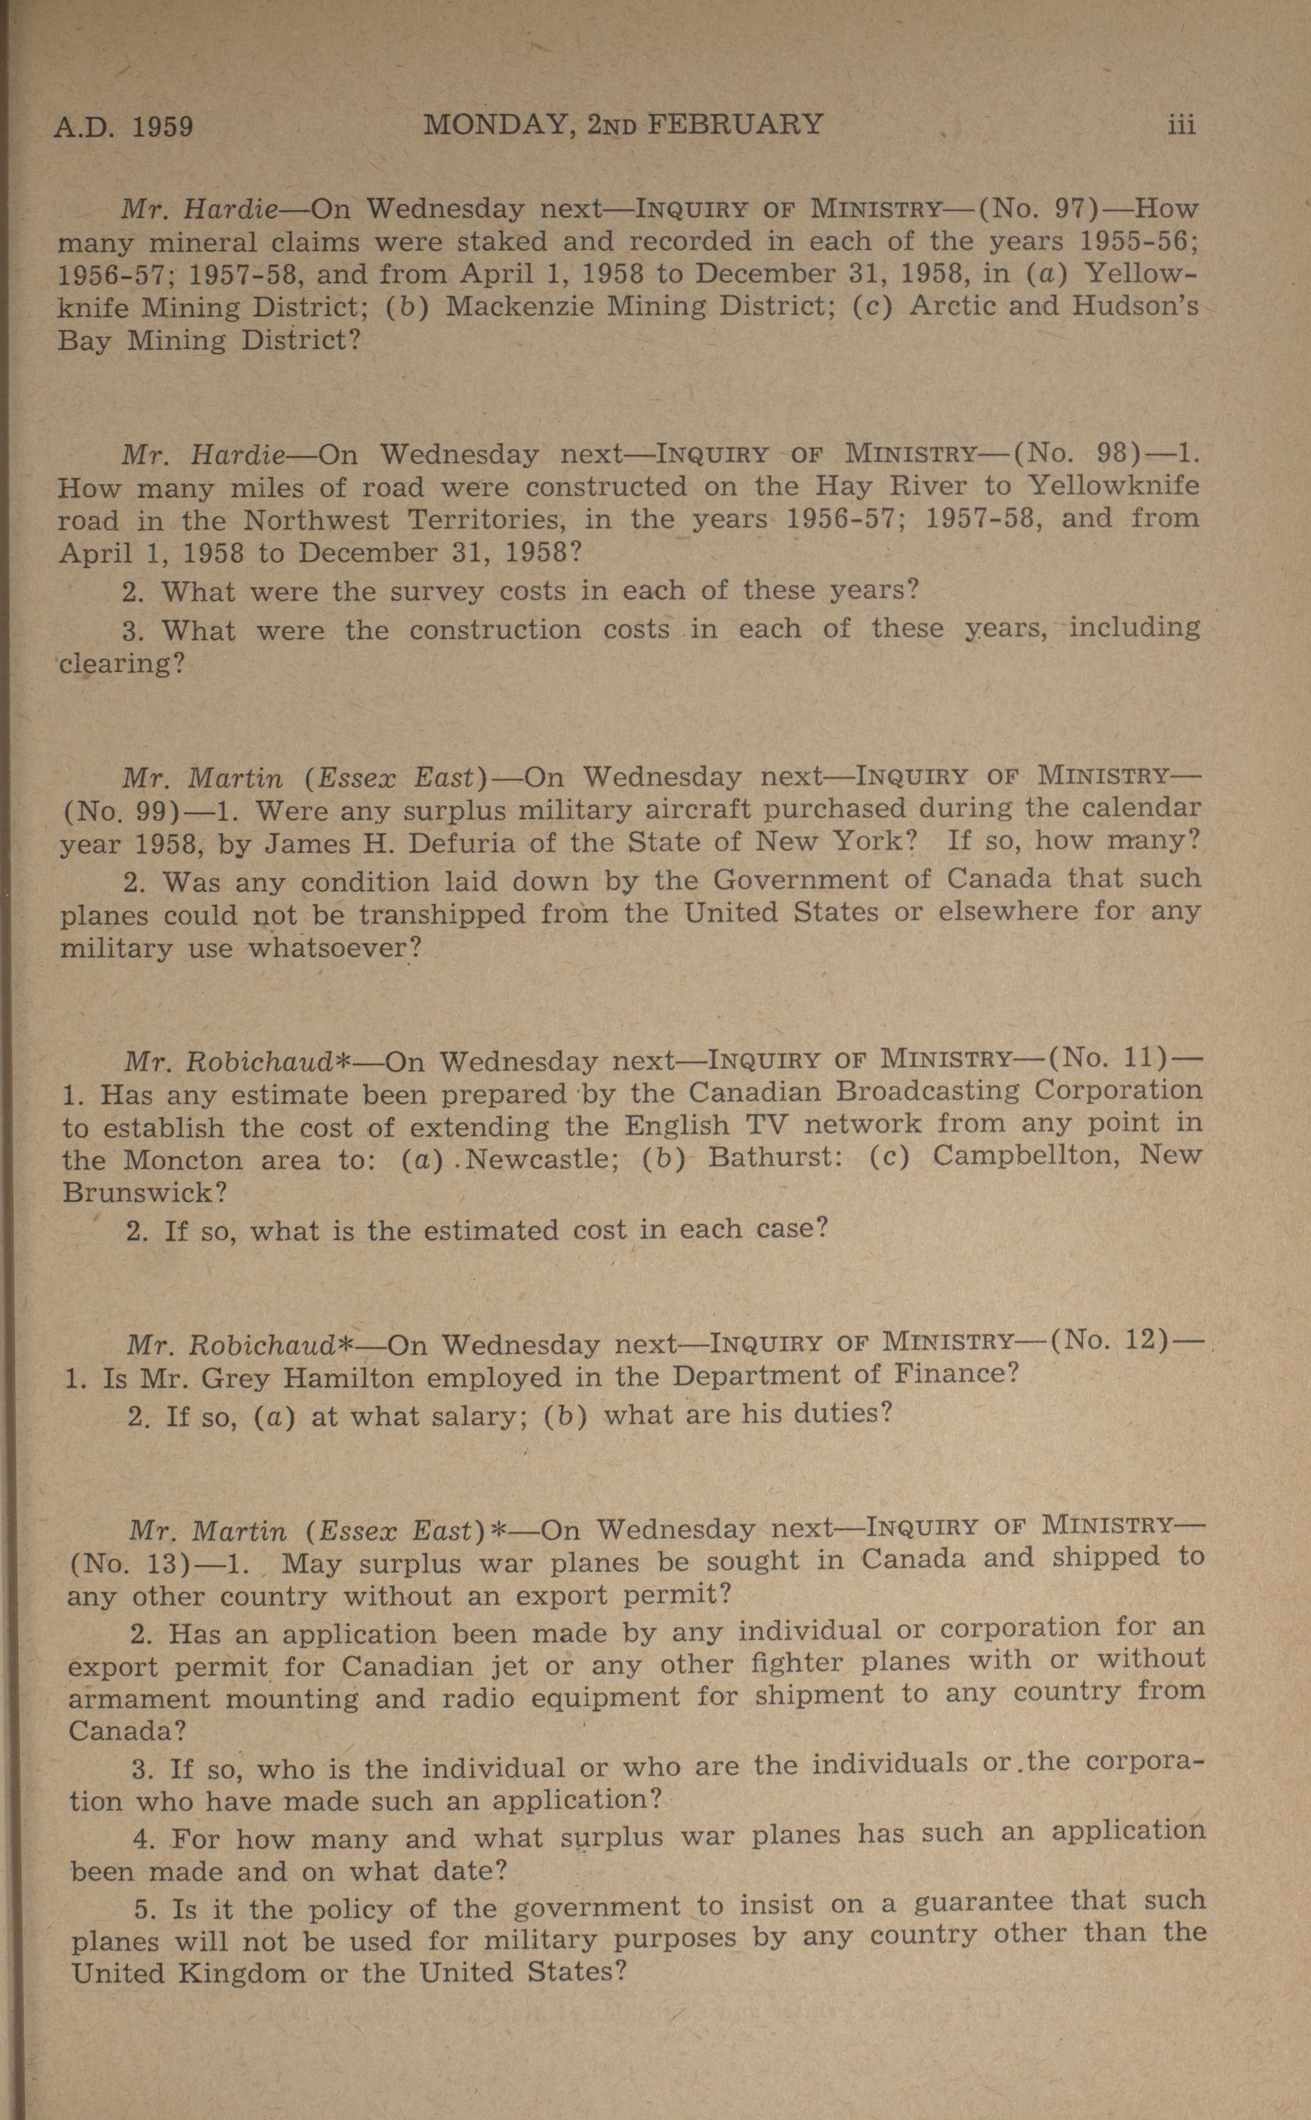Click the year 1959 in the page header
pos(162,128)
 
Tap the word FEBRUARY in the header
pos(735,125)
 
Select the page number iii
pos(1181,126)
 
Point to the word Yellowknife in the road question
pos(1114,485)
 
